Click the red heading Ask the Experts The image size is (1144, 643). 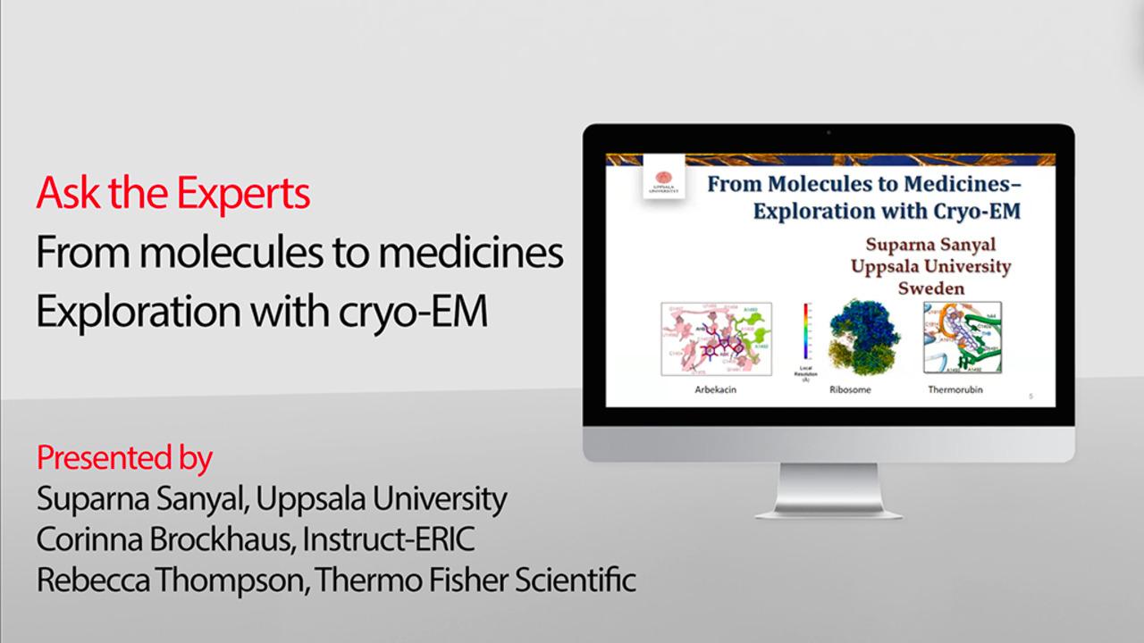(x=172, y=194)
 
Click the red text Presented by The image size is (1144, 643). (x=124, y=458)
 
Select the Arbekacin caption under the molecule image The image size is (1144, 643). (x=715, y=390)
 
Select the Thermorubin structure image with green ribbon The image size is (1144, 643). (x=962, y=338)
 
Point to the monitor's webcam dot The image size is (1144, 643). (x=829, y=132)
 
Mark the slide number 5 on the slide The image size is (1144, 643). (x=1030, y=394)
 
